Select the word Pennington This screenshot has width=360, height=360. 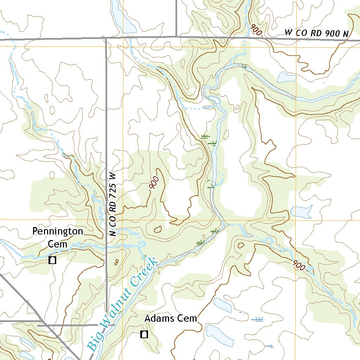58,231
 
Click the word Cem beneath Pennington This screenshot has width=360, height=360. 58,244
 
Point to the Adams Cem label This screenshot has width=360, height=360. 171,319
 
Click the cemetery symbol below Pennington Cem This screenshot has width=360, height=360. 53,261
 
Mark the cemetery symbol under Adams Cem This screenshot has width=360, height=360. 144,334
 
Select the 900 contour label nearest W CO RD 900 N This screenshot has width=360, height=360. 256,30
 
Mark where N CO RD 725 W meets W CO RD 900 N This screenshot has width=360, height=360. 106,37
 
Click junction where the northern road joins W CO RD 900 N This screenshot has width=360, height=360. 176,36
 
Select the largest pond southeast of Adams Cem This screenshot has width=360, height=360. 220,336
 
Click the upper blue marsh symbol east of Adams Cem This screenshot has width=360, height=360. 258,319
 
